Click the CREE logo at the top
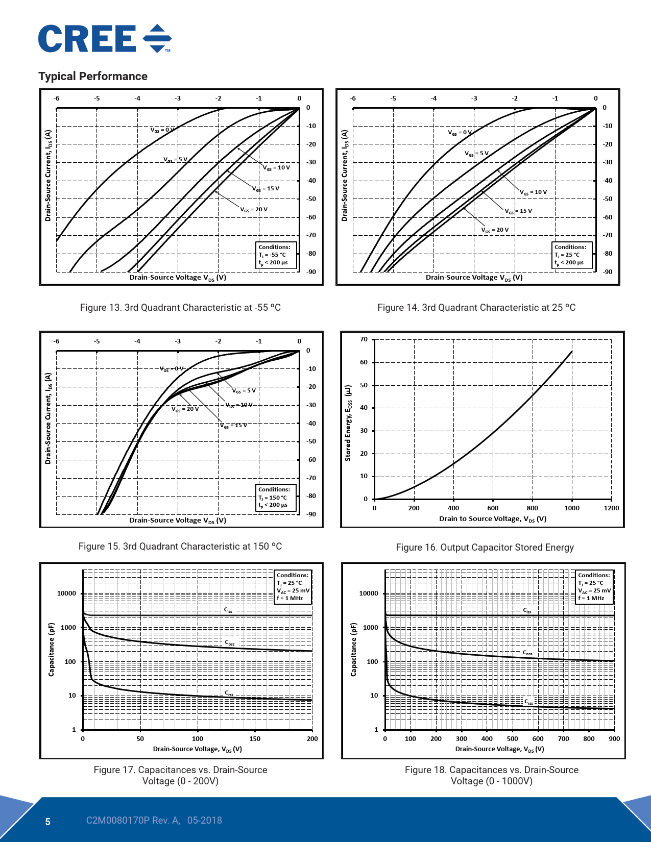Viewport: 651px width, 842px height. pyautogui.click(x=105, y=39)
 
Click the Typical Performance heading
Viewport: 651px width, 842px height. pyautogui.click(x=93, y=76)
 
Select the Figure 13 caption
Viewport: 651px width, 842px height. pyautogui.click(x=180, y=308)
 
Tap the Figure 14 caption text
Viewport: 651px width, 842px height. pyautogui.click(x=476, y=308)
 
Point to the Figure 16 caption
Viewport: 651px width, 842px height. pyautogui.click(x=485, y=548)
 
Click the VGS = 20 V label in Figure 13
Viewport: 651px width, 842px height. pyautogui.click(x=254, y=210)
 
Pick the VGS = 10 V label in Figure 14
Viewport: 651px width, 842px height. pyautogui.click(x=533, y=192)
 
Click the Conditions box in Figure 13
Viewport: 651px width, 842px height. pyautogui.click(x=276, y=255)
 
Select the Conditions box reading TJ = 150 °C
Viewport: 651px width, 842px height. pyautogui.click(x=276, y=498)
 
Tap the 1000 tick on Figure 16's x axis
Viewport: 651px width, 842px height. pyautogui.click(x=572, y=508)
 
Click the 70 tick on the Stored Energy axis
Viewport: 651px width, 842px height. pyautogui.click(x=364, y=339)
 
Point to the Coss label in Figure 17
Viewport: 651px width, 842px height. pyautogui.click(x=230, y=643)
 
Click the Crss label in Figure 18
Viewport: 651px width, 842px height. pyautogui.click(x=529, y=702)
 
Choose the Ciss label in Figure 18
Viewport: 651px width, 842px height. pyautogui.click(x=527, y=610)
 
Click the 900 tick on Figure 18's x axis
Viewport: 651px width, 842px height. pyautogui.click(x=614, y=739)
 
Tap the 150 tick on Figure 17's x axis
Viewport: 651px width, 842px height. pyautogui.click(x=255, y=739)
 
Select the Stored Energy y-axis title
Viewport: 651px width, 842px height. pyautogui.click(x=348, y=423)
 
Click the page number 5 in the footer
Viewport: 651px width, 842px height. pyautogui.click(x=48, y=822)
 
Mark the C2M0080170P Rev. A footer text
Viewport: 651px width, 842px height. pyautogui.click(x=133, y=821)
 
